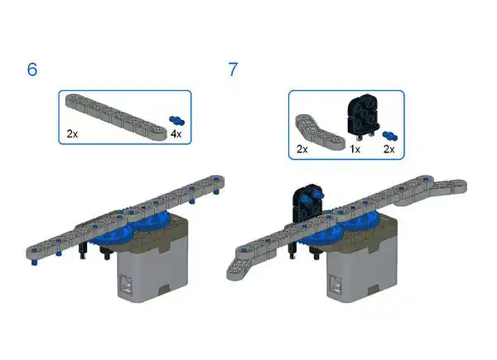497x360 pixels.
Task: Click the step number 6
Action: tap(32, 70)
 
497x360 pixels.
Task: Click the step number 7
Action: tap(233, 70)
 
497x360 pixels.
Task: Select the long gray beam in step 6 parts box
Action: tap(116, 118)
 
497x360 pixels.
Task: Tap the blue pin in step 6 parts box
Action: tap(177, 120)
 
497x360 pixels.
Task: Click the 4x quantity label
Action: tap(176, 134)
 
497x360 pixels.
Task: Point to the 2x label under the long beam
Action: tap(72, 134)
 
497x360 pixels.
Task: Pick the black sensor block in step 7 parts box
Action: tap(364, 117)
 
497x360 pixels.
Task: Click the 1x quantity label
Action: tap(355, 149)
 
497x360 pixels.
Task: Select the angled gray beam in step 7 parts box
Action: tap(320, 132)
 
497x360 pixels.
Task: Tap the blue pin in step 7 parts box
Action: tap(390, 136)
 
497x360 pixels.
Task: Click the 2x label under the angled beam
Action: tap(302, 149)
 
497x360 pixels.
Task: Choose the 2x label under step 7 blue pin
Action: tap(389, 149)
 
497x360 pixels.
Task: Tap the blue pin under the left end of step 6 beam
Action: tap(34, 262)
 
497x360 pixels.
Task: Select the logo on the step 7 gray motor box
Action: tap(335, 283)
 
